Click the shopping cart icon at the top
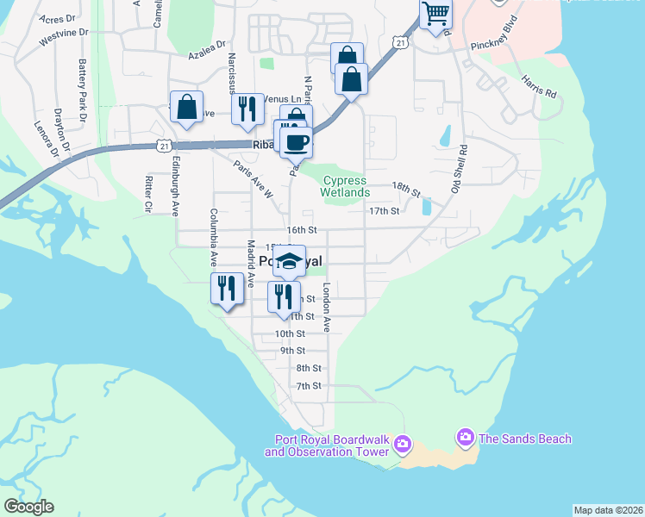tap(436, 14)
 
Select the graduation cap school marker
tap(289, 261)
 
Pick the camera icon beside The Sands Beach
tap(466, 439)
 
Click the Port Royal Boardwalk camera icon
tap(402, 445)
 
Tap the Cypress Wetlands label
tap(345, 187)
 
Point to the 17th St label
tap(384, 210)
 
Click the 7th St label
tap(309, 386)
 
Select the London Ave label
tap(327, 308)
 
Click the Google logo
tap(29, 507)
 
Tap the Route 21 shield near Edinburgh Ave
tap(163, 146)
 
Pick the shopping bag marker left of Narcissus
tap(186, 107)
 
